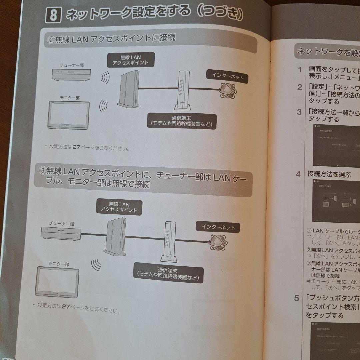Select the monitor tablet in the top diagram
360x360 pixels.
pos(69,115)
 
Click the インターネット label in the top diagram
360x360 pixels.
pos(228,77)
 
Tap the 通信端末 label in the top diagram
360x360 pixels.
pos(181,121)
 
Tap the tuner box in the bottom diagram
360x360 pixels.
pos(61,233)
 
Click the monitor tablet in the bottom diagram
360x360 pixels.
pos(57,281)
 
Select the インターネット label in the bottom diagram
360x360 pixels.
pos(218,227)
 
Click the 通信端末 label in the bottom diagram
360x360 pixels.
pos(168,273)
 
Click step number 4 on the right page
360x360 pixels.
pos(298,174)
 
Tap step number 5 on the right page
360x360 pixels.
pos(297,298)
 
